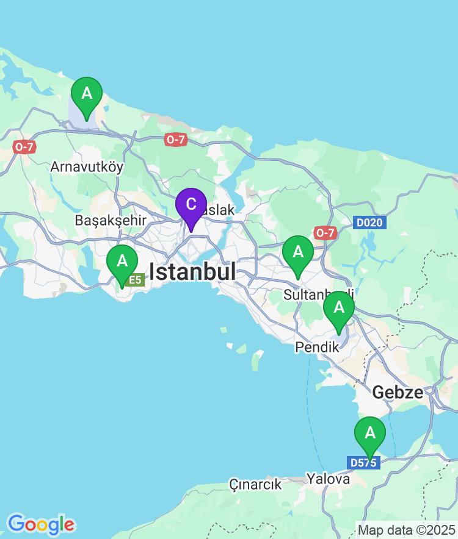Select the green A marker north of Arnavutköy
click(x=87, y=94)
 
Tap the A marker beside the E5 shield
click(x=122, y=262)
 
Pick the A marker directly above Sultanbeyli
click(x=298, y=252)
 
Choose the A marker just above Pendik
click(x=339, y=308)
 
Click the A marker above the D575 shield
click(x=370, y=434)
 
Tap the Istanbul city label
click(x=192, y=272)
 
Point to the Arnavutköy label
click(x=87, y=166)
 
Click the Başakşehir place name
click(x=111, y=220)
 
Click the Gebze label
click(x=398, y=392)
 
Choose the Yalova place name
click(x=329, y=479)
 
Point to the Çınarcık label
click(x=255, y=485)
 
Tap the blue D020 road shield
click(x=369, y=223)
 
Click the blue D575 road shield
click(x=363, y=463)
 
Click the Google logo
click(x=41, y=524)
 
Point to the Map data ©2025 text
click(x=407, y=530)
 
